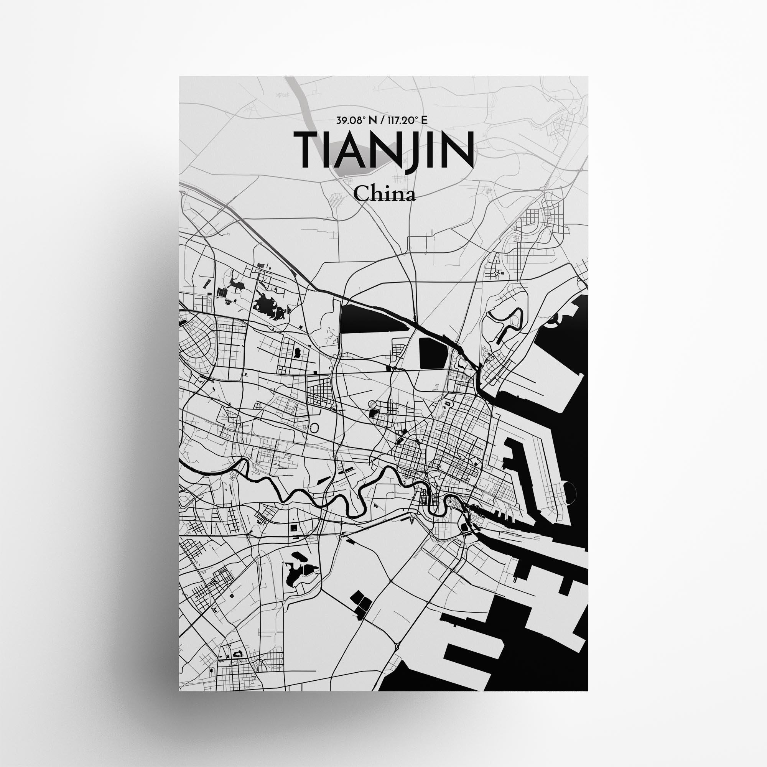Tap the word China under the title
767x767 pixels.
[384, 194]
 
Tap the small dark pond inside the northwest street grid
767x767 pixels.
[296, 352]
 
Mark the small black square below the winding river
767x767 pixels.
[294, 527]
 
